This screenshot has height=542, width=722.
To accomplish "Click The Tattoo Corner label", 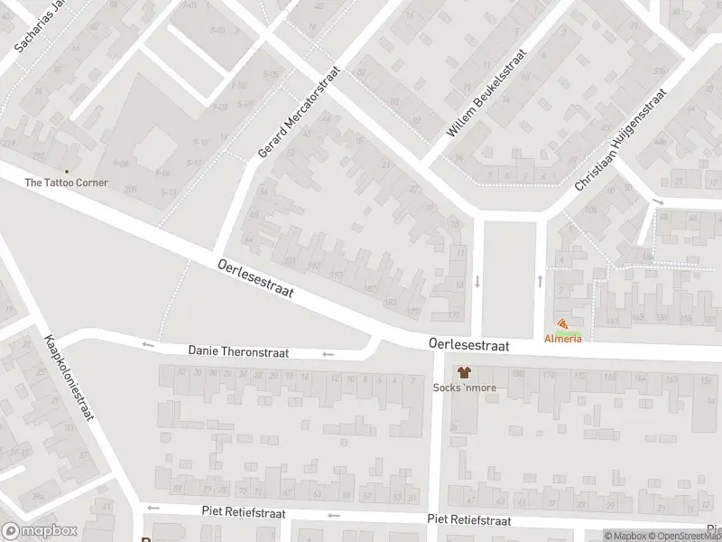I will coord(66,182).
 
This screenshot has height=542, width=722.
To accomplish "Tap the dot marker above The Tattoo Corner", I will coord(66,171).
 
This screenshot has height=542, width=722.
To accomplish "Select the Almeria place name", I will coord(562,338).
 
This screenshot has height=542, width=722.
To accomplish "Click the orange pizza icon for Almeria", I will coord(562,324).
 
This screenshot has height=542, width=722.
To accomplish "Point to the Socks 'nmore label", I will coord(465,388).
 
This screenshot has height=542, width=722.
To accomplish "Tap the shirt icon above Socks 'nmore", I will coord(465,372).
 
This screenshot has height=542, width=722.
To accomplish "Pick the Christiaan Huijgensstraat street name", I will coord(620,140).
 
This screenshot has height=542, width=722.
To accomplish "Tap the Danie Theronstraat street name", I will coord(238,351).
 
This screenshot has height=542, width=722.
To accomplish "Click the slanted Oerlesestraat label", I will coord(257,282).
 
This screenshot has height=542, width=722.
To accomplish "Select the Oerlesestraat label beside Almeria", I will coord(469,345).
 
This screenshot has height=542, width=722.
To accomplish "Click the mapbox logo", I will coord(40,531).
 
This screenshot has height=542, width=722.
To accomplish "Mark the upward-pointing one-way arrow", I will coord(541,280).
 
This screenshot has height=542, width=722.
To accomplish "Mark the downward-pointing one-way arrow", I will coord(477,280).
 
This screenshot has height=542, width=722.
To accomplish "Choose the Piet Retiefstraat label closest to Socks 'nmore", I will coord(469,519).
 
